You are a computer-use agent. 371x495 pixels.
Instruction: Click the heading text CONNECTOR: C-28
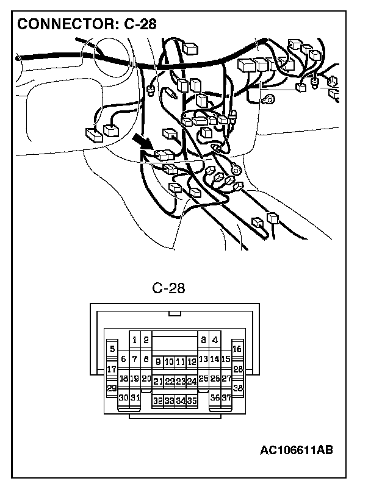tap(87, 24)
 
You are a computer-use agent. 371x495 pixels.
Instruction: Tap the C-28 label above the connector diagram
tap(168, 288)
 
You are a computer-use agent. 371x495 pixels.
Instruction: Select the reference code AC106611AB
tap(297, 450)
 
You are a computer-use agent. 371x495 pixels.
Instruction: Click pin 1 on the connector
tap(134, 340)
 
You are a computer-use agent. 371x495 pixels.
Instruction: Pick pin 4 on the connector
tap(215, 340)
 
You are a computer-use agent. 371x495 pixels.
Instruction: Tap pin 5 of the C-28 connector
tap(112, 349)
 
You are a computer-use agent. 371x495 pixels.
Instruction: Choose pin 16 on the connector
tap(237, 349)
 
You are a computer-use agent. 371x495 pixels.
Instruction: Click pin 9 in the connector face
tap(158, 362)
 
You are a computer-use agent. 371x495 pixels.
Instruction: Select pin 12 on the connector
tap(192, 362)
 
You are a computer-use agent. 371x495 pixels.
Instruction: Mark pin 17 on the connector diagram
tap(112, 369)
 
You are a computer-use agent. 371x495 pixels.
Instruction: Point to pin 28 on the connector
tap(238, 369)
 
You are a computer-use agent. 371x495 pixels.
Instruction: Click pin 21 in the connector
tap(158, 382)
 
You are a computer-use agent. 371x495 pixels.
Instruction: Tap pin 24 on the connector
tap(192, 382)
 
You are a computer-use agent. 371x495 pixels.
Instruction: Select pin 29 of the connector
tap(112, 388)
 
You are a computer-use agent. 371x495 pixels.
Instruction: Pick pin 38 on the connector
tap(238, 388)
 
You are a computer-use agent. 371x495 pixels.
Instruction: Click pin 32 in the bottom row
tap(158, 401)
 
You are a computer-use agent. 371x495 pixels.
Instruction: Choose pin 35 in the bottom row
tap(192, 401)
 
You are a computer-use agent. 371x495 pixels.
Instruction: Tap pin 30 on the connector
tap(123, 397)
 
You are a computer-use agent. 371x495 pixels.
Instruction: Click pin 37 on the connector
tap(226, 397)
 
